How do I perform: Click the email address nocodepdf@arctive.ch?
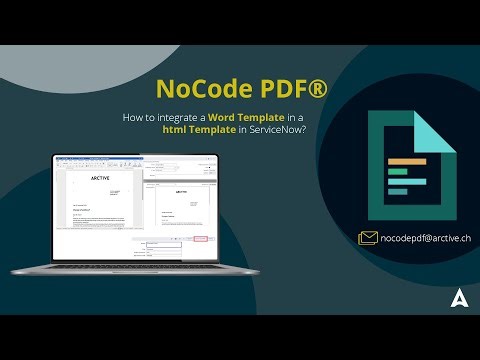coord(426,238)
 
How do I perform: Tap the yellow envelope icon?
coord(368,238)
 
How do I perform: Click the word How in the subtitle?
coord(133,118)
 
